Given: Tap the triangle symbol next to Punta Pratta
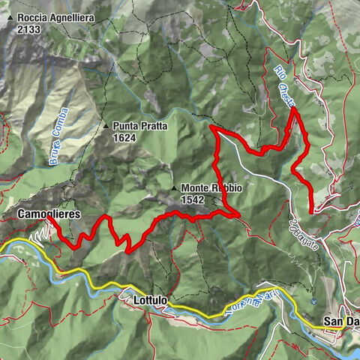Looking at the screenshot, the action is (106, 125).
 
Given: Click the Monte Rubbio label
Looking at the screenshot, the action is (211, 188).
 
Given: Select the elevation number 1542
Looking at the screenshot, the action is (193, 199).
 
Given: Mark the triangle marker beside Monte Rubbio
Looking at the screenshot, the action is (174, 188).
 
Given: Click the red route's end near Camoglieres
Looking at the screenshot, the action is (50, 219).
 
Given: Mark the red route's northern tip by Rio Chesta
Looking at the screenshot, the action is (293, 109).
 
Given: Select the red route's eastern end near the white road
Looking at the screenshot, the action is (311, 212).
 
